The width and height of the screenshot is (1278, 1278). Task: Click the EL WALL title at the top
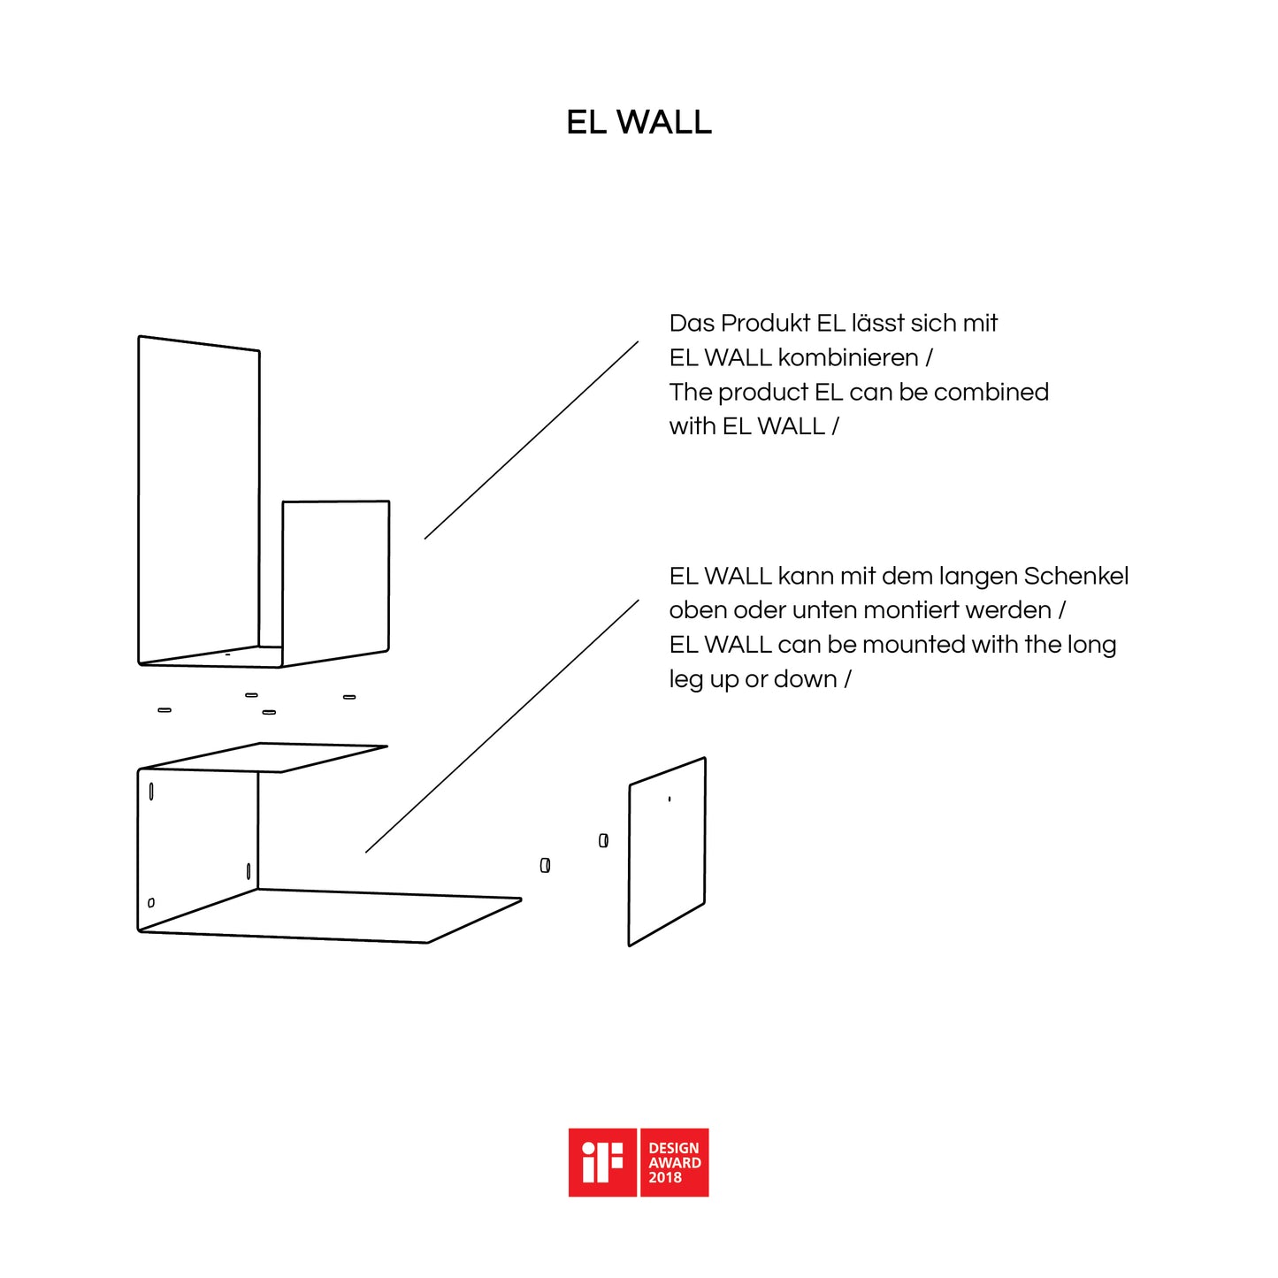(x=639, y=122)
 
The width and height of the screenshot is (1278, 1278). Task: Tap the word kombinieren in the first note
(x=848, y=357)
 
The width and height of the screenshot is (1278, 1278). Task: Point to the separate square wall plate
(x=667, y=852)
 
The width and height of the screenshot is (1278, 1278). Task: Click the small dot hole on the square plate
(x=670, y=800)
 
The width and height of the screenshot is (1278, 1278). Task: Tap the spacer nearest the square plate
(x=603, y=840)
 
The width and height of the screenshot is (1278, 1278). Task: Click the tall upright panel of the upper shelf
(x=198, y=498)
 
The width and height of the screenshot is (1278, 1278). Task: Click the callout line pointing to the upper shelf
(x=532, y=440)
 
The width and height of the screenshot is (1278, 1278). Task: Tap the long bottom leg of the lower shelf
(x=330, y=916)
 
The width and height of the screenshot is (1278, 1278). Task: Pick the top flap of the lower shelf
(x=264, y=757)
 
